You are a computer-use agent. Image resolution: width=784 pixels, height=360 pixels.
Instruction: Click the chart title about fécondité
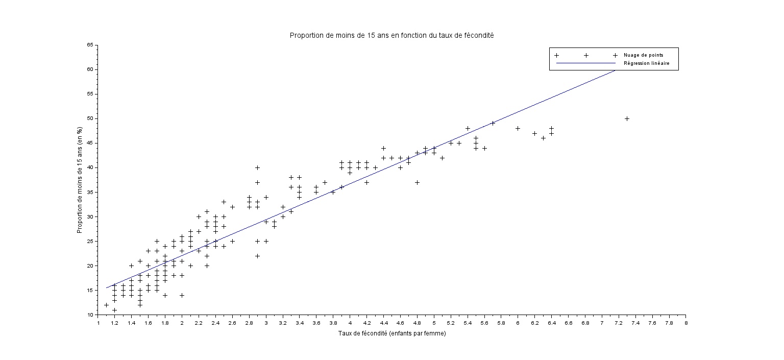(x=391, y=35)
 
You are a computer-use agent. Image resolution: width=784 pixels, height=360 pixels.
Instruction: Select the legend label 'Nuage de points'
(x=643, y=55)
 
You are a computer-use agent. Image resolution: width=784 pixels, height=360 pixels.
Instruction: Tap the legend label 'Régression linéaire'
(x=646, y=64)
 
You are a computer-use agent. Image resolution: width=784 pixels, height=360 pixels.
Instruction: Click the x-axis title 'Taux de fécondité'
(x=391, y=333)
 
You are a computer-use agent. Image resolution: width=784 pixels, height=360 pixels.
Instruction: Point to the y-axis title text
(x=80, y=180)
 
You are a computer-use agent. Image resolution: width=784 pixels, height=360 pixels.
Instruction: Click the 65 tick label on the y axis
(x=90, y=45)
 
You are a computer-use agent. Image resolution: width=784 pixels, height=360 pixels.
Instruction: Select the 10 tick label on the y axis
(x=90, y=315)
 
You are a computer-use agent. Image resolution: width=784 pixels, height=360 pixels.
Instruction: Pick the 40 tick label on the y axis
(x=90, y=167)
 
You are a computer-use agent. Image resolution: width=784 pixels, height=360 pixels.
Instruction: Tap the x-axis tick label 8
(x=685, y=323)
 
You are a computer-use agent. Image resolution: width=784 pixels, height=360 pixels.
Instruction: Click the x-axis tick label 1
(x=98, y=323)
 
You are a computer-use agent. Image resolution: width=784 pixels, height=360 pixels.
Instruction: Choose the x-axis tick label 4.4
(x=383, y=323)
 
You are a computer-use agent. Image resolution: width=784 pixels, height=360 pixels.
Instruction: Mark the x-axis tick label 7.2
(x=619, y=323)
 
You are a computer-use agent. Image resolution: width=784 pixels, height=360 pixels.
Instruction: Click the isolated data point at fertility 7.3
(x=627, y=118)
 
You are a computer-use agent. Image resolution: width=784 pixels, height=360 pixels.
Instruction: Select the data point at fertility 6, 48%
(x=518, y=128)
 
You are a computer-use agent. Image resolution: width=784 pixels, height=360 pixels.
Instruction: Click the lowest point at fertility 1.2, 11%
(x=115, y=310)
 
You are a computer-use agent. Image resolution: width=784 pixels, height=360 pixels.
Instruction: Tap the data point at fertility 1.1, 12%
(x=106, y=305)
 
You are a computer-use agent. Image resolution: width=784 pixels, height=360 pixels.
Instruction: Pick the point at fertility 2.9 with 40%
(x=257, y=167)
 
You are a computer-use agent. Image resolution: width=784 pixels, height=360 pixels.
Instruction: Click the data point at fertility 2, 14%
(x=182, y=295)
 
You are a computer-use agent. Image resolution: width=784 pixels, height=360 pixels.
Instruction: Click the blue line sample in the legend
(x=586, y=63)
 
